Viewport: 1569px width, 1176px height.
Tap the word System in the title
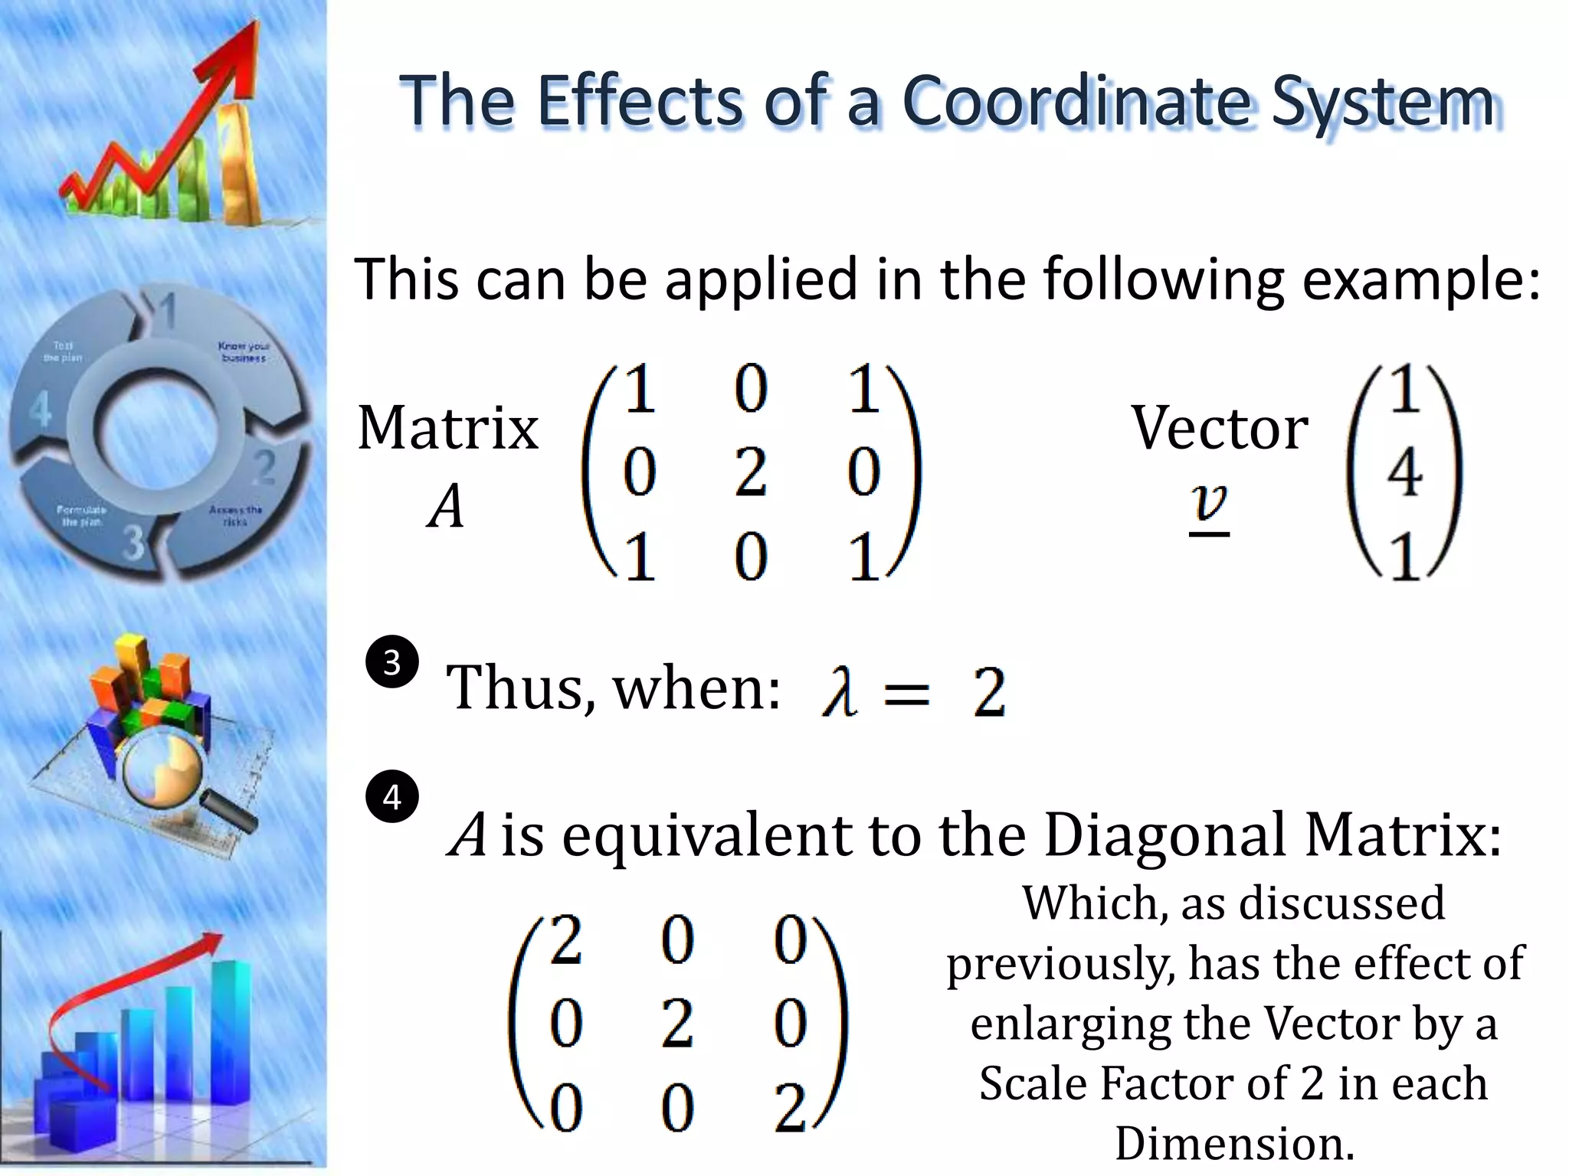click(1382, 103)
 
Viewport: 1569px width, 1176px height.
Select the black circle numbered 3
click(392, 661)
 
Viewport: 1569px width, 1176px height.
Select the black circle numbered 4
click(392, 797)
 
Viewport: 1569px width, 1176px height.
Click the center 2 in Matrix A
click(750, 472)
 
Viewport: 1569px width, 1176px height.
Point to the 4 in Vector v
click(1404, 472)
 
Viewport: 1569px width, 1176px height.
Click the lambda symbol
click(838, 691)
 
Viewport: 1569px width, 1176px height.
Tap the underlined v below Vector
click(1210, 505)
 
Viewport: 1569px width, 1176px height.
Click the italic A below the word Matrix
click(446, 508)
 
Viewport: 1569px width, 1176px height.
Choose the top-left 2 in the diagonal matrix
click(566, 941)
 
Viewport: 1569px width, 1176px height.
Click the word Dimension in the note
click(1234, 1144)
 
